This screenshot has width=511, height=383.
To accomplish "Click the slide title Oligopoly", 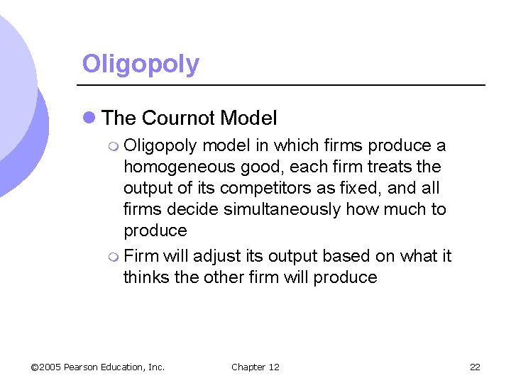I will coord(141,64).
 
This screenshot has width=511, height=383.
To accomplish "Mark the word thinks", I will coord(146,277).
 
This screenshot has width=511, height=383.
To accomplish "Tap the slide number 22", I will coord(475,367).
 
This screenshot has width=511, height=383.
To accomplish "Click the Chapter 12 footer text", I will coord(255,367).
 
